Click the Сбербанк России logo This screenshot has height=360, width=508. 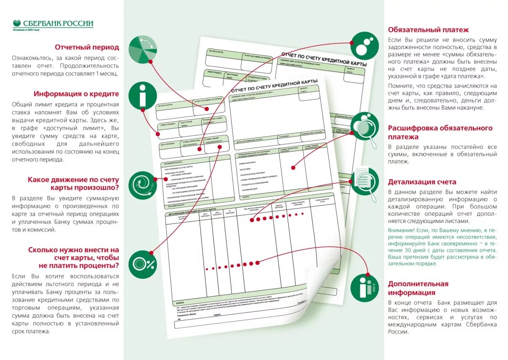[x=53, y=25]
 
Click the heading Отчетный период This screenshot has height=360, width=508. [x=87, y=47]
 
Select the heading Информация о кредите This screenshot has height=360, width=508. [x=76, y=94]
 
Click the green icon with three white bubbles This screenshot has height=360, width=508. [x=364, y=45]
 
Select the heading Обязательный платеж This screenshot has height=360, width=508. [x=428, y=30]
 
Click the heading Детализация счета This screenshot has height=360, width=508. [x=422, y=182]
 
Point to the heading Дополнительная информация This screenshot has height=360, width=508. [x=418, y=288]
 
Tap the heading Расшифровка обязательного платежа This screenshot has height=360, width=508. [x=440, y=132]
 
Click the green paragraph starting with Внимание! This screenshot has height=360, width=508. [x=442, y=247]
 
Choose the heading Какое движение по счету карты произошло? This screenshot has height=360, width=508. [x=73, y=184]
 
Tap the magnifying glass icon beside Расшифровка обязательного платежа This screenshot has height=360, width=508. [x=364, y=127]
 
